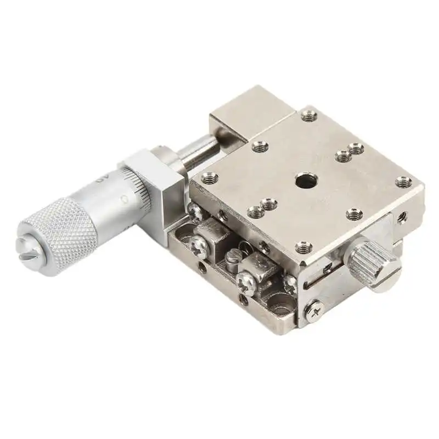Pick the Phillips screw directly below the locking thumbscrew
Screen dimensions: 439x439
(315, 310)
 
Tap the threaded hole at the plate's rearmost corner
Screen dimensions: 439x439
(308, 116)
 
